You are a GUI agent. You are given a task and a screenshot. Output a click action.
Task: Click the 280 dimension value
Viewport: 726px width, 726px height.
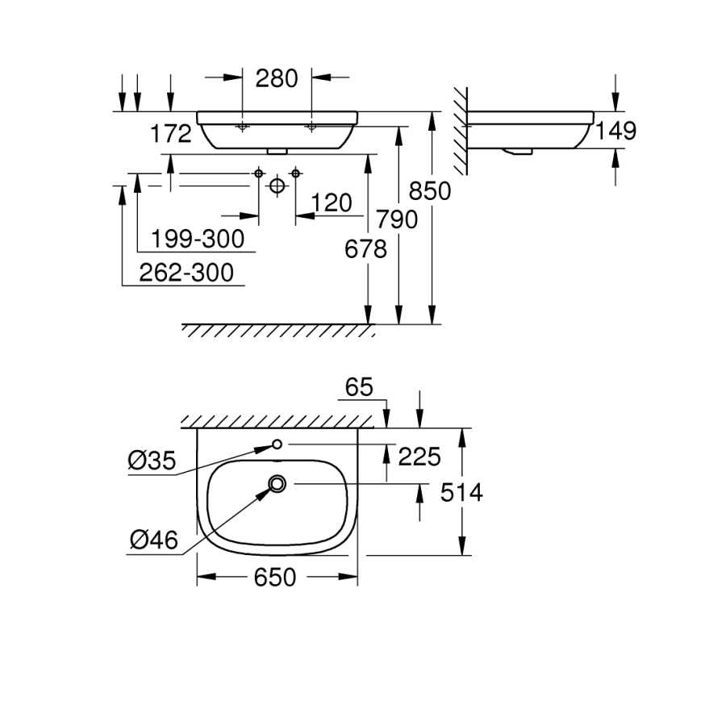(277, 78)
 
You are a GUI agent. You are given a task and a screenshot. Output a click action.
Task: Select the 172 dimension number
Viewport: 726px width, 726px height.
(171, 134)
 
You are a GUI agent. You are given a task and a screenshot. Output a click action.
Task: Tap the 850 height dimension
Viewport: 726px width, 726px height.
(430, 190)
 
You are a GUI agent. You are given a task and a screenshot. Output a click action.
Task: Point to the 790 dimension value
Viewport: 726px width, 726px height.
(397, 219)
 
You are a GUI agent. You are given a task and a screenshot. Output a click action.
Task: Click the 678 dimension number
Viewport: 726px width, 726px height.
(365, 249)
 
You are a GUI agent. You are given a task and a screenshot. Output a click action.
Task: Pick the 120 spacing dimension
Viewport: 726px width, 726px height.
(332, 202)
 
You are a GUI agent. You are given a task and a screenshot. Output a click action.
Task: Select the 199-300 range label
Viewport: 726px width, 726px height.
(198, 239)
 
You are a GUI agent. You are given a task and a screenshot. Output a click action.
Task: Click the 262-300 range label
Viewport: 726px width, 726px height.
(186, 273)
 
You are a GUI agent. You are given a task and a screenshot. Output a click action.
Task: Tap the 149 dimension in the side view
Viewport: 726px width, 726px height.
(615, 131)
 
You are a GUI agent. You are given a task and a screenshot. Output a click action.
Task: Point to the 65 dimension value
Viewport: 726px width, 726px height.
(359, 387)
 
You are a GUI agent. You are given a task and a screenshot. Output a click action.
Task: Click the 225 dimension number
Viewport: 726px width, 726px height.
(419, 457)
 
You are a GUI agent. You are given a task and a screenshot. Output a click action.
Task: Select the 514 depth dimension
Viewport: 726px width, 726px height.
(461, 492)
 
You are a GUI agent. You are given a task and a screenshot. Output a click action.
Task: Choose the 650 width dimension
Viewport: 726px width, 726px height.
(275, 578)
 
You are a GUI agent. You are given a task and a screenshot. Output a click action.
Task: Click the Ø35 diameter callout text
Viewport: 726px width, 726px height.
(152, 461)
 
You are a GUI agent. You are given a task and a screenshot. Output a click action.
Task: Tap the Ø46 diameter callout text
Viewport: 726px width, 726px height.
(154, 540)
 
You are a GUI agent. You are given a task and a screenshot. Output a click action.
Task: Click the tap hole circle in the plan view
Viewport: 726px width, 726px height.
(277, 444)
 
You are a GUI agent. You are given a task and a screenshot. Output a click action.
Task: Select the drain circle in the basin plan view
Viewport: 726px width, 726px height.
(277, 484)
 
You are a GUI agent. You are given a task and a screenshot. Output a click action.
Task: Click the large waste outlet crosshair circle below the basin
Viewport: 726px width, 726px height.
(277, 186)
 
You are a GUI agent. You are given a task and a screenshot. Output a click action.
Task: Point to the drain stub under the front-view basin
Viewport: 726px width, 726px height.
(277, 151)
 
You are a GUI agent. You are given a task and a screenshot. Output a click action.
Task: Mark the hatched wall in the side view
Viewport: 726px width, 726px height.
(461, 131)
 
